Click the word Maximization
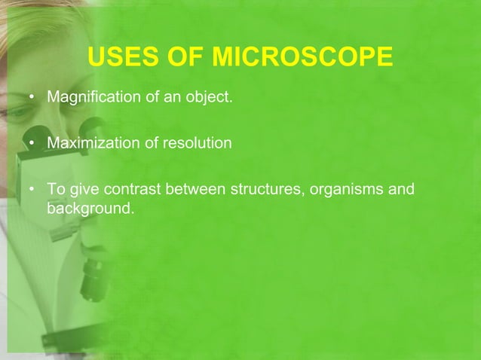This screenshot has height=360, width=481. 90,142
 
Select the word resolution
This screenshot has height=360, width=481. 196,142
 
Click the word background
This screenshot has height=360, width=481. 90,205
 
